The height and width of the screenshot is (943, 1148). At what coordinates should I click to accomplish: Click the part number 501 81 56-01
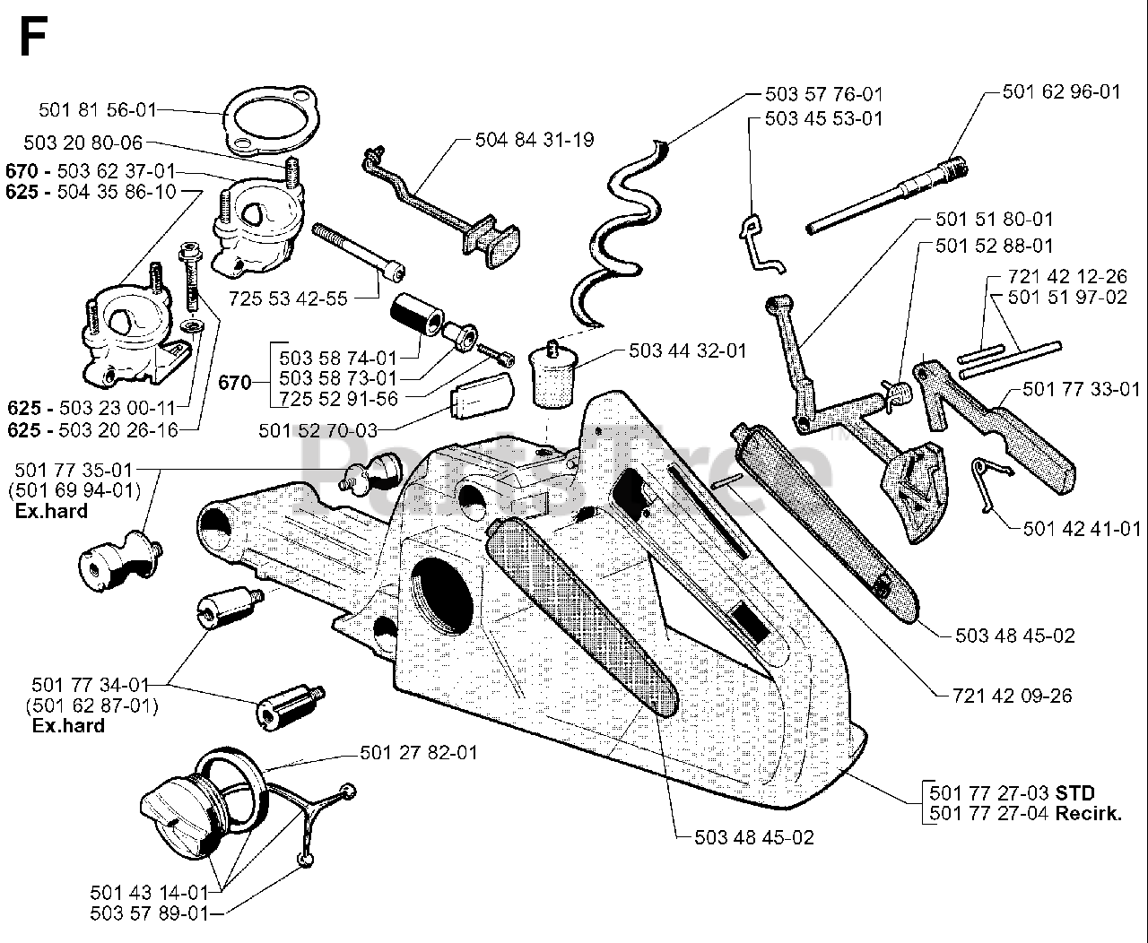point(98,109)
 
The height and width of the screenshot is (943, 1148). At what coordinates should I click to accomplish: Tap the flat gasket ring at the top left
point(265,119)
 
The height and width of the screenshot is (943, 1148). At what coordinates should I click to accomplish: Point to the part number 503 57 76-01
point(824,93)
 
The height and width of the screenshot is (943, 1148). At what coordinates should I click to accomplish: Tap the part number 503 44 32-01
point(688,351)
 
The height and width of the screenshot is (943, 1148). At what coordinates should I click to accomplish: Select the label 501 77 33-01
point(1082,388)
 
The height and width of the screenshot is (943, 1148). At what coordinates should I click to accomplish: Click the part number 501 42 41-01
point(1082,528)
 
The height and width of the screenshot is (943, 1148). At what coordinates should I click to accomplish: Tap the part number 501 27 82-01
point(419,752)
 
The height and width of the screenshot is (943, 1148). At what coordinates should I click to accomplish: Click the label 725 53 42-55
point(288,299)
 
